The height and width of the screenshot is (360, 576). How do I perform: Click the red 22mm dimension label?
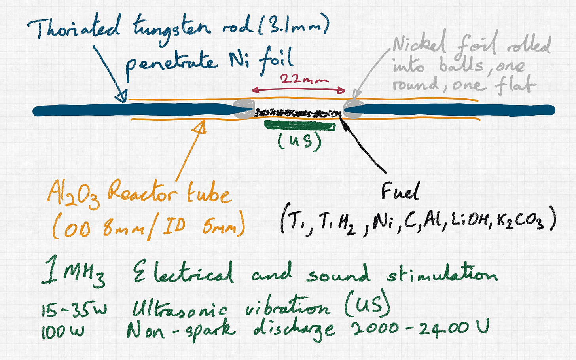(304, 80)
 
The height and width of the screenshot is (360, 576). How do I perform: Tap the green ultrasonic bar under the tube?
(299, 126)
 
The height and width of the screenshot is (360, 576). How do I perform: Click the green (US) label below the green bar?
(299, 142)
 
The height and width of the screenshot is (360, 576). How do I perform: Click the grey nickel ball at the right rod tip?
(353, 109)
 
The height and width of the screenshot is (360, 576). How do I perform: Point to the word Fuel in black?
(400, 192)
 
